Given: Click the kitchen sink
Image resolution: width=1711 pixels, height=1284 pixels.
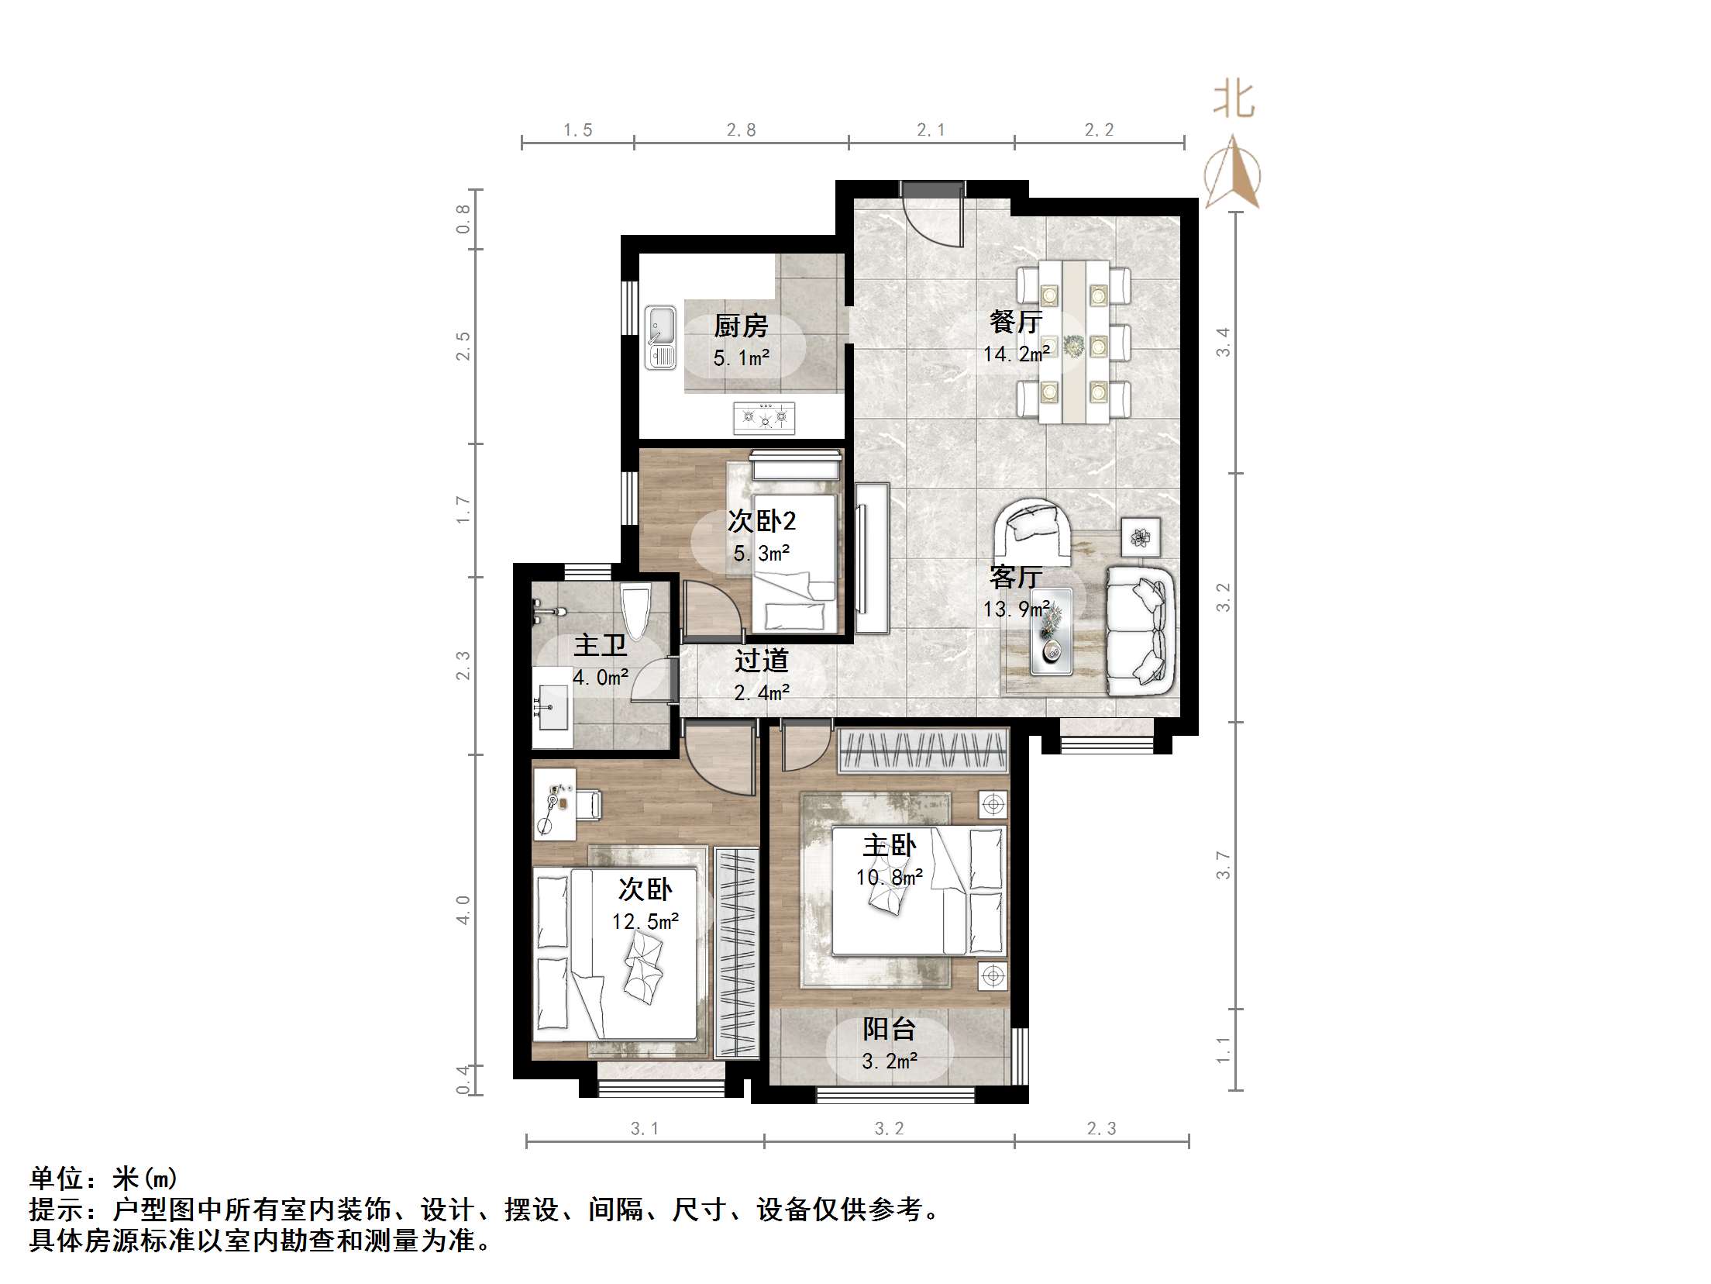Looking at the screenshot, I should coord(660,337).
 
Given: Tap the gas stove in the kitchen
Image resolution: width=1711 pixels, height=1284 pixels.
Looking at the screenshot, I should coord(765,417).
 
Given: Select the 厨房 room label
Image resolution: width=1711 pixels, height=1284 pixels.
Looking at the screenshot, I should coord(741,326).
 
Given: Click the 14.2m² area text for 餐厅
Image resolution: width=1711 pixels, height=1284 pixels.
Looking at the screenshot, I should coord(1017,354).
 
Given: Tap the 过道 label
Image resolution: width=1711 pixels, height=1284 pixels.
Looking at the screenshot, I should coord(761,661).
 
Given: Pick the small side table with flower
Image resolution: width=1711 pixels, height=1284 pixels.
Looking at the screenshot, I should coord(1141,537).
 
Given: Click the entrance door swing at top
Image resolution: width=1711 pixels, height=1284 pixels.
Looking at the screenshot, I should coord(932,217).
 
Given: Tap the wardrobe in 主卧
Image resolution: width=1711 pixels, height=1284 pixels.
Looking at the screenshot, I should coord(923,751).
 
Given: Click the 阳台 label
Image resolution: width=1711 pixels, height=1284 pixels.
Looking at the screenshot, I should coord(890,1029).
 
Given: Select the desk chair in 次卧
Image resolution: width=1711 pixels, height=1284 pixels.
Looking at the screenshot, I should coord(589,803).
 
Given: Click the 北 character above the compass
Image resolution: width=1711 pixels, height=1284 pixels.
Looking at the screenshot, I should coord(1233,101).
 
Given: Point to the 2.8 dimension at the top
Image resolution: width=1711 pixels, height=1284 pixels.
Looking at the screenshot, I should coord(741,130).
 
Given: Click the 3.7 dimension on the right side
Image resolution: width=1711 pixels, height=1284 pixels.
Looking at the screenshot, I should coord(1224,865).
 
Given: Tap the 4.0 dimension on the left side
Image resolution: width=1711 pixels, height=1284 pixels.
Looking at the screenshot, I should coord(463,909).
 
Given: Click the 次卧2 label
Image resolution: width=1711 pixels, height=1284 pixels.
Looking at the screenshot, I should coord(762,521).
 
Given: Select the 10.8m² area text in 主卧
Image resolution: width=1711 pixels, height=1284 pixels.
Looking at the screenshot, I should coord(889,877).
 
